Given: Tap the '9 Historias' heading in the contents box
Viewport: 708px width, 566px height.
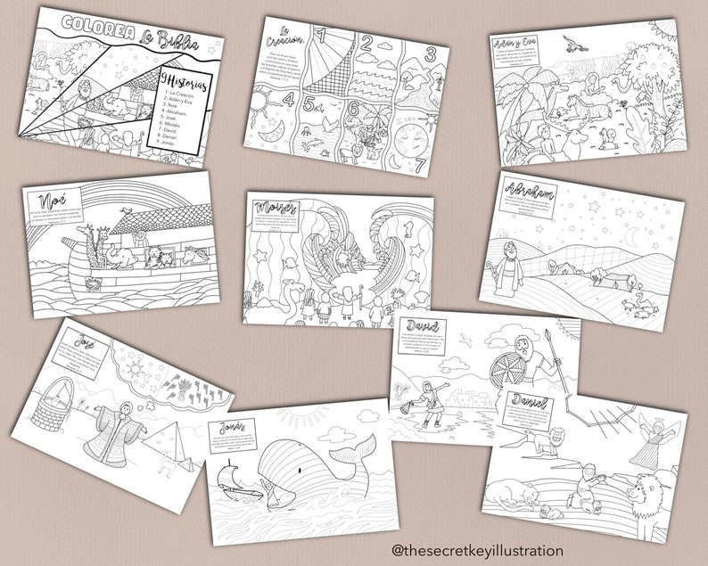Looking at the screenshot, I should pyautogui.click(x=175, y=80).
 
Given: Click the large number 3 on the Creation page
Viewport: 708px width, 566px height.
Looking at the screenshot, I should pyautogui.click(x=428, y=53).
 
